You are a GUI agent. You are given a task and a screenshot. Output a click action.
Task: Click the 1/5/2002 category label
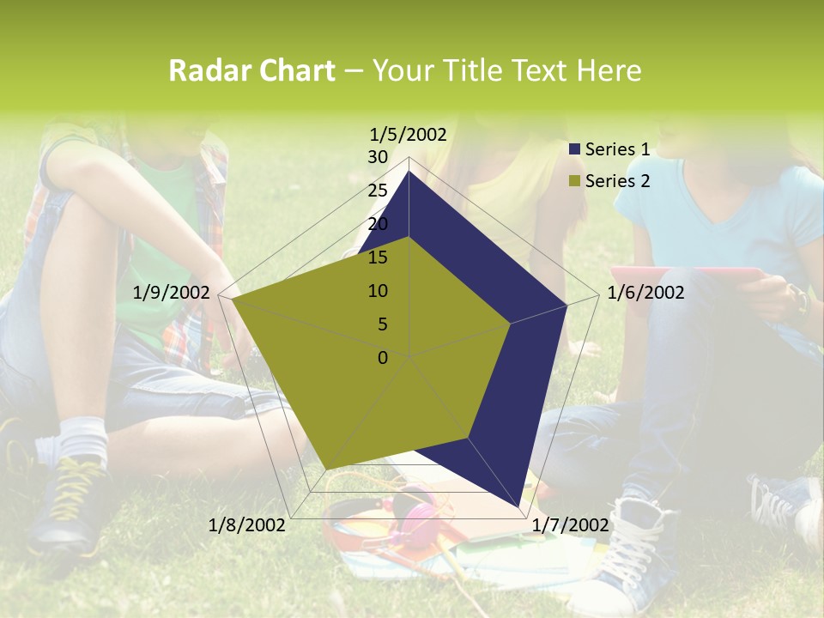(409, 134)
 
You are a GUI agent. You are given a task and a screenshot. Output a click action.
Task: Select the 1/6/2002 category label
(645, 293)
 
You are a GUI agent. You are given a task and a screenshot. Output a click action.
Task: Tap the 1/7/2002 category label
(570, 525)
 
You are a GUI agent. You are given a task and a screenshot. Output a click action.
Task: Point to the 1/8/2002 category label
(247, 525)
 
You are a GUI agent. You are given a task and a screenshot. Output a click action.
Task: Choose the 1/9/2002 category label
(172, 293)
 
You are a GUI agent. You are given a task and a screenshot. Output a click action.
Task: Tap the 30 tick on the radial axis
(378, 157)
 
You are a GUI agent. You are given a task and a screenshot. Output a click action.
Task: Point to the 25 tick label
(378, 191)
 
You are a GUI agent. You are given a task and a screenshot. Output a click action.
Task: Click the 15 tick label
(378, 257)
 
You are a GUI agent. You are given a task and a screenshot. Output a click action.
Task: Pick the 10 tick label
(378, 291)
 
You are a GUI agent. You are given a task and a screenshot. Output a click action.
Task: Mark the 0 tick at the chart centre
(383, 358)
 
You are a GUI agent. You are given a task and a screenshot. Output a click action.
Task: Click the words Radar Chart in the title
(251, 70)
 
